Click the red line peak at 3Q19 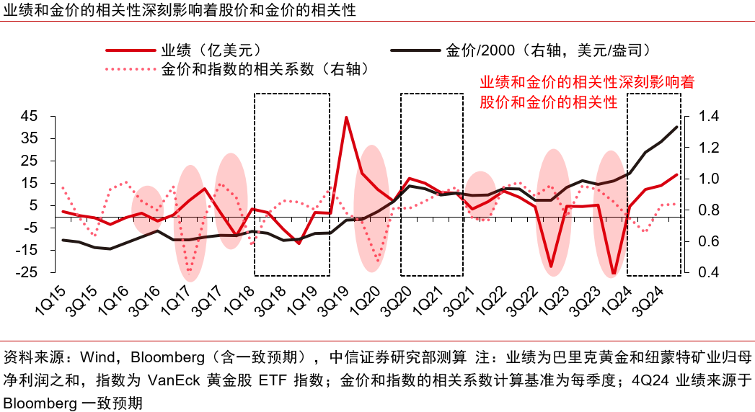[x=347, y=117]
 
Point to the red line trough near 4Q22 [x=552, y=267]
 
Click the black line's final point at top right [x=676, y=127]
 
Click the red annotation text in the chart [x=587, y=91]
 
